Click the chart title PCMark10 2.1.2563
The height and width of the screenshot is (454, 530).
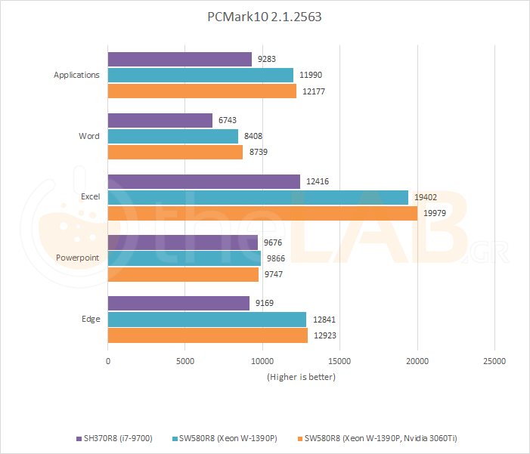(265, 17)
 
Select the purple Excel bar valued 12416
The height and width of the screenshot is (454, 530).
(204, 181)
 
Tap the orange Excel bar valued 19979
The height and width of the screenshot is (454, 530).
(262, 213)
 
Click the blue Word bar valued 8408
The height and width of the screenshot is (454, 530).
(173, 136)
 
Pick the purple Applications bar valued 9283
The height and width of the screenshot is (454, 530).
(180, 59)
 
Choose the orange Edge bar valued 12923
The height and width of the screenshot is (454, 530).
(208, 335)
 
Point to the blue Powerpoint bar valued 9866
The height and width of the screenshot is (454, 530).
(184, 258)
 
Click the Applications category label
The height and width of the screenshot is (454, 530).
(76, 75)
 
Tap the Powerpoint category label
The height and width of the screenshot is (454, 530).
(78, 258)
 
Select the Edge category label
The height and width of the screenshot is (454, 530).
(91, 319)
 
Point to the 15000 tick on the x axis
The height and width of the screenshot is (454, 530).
(340, 361)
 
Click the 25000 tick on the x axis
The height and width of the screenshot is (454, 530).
(494, 361)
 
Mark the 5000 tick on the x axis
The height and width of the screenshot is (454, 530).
(185, 361)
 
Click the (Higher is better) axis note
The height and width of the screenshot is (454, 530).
(301, 376)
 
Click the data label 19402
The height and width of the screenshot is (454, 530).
(426, 197)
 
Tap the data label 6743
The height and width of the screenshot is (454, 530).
(228, 121)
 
